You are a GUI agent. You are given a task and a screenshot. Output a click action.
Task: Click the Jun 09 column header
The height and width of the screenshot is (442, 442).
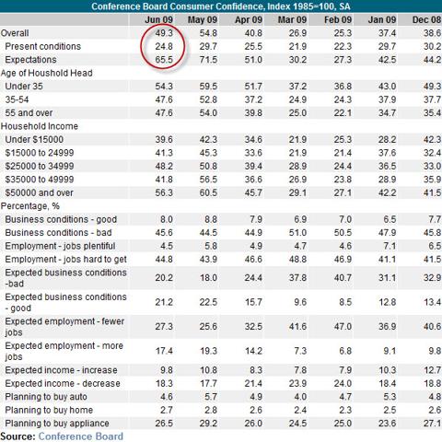tap(158, 20)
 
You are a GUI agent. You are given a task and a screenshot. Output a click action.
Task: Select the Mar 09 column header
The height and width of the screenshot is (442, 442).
tap(292, 20)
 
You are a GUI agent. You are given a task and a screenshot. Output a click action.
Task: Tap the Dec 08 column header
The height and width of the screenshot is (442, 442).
tap(426, 20)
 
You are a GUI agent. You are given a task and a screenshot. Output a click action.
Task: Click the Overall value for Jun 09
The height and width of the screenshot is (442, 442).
tap(164, 33)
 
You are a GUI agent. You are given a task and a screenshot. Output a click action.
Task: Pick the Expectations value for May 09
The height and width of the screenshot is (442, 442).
tap(208, 60)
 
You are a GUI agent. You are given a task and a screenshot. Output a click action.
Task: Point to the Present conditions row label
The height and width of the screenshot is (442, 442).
tap(43, 46)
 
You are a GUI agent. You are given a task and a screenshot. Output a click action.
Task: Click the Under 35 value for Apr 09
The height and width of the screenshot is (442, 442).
tap(253, 87)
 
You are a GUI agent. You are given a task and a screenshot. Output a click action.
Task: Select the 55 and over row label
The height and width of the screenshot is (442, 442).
tap(29, 113)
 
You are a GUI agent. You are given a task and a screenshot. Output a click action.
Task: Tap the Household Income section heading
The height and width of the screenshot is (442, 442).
tap(40, 126)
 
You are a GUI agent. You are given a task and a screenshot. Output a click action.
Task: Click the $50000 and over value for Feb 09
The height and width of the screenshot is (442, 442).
tap(343, 192)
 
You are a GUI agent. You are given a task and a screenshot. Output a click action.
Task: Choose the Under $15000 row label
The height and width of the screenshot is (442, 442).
tap(34, 140)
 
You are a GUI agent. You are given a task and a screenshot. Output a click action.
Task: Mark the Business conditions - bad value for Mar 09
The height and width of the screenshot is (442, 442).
tap(297, 233)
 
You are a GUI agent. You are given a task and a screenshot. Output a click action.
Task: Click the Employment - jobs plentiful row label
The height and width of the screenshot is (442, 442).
tap(60, 246)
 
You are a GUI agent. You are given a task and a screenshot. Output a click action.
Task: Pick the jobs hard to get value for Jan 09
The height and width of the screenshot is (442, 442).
tap(387, 260)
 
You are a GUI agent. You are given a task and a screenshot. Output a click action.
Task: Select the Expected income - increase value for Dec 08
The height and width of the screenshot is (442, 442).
tap(433, 370)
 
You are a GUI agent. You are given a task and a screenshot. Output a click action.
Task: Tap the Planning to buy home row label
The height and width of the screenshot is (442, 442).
tap(49, 410)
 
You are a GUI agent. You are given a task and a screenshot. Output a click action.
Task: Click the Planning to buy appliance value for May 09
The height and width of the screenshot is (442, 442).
tap(208, 424)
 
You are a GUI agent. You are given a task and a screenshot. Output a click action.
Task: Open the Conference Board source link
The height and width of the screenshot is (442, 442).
tap(81, 436)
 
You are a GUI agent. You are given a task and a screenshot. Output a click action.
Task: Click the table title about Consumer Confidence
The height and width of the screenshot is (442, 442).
tap(221, 6)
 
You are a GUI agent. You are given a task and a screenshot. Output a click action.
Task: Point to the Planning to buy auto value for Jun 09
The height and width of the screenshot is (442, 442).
tap(167, 397)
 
